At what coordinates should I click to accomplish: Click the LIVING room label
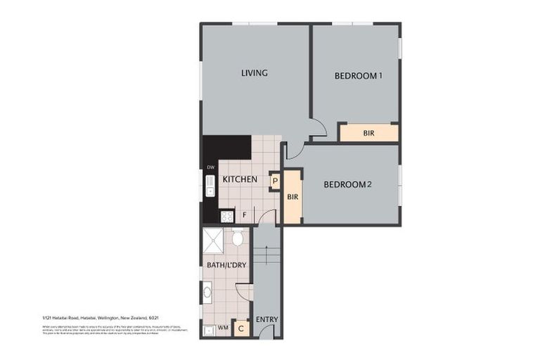[x=254, y=73]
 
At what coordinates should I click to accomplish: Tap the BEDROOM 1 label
[x=358, y=76]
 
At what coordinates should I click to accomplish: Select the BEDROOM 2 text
[x=347, y=185]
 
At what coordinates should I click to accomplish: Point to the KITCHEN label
[x=240, y=180]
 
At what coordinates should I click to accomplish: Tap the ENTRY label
[x=266, y=319]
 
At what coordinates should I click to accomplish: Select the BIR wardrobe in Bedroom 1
[x=368, y=132]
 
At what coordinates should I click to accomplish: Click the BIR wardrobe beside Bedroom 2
[x=293, y=196]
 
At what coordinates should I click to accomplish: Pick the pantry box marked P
[x=275, y=181]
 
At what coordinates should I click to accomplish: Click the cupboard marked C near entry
[x=241, y=327]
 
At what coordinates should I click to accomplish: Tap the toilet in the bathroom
[x=238, y=239]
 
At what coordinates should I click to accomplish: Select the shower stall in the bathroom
[x=213, y=240]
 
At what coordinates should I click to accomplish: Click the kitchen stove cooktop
[x=227, y=216]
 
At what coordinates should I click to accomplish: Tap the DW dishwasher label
[x=210, y=167]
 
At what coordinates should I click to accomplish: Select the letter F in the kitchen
[x=244, y=214]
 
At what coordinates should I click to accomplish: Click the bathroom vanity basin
[x=207, y=290]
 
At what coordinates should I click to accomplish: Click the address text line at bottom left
[x=98, y=318]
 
